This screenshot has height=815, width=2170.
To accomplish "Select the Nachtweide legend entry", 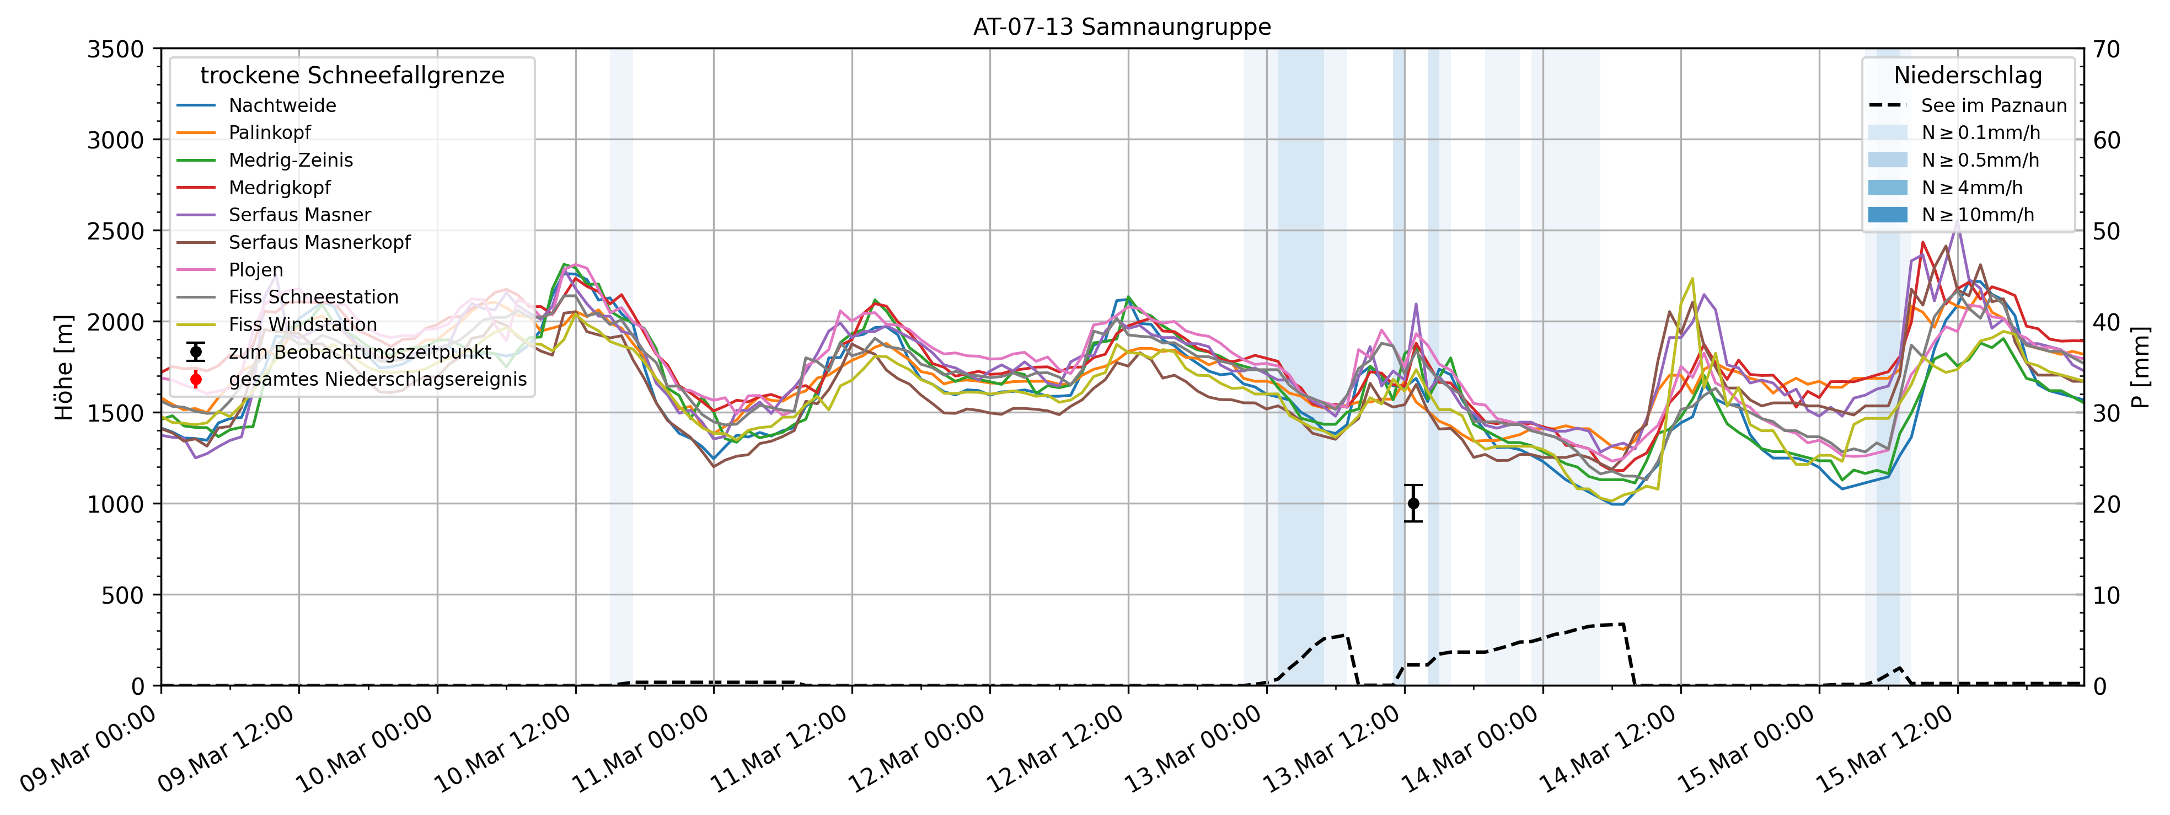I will click(282, 105).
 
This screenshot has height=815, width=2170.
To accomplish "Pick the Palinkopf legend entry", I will click(270, 132).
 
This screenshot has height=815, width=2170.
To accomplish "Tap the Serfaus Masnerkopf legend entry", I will click(319, 243).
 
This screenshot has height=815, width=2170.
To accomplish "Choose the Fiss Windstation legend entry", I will click(302, 324).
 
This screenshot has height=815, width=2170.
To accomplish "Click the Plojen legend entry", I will click(256, 270).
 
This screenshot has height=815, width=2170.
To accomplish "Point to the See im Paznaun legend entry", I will click(1993, 105).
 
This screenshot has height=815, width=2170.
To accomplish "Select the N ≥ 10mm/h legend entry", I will click(1977, 215).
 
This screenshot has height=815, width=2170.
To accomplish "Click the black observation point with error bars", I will click(1413, 503).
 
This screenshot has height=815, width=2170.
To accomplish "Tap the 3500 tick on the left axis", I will click(115, 50).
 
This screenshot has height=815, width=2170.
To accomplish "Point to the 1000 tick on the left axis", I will click(115, 504).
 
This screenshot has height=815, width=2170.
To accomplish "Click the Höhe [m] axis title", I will click(64, 367).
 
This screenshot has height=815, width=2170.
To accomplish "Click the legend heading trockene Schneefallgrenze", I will click(352, 76).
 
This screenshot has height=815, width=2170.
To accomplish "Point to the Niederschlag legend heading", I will click(1968, 76).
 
